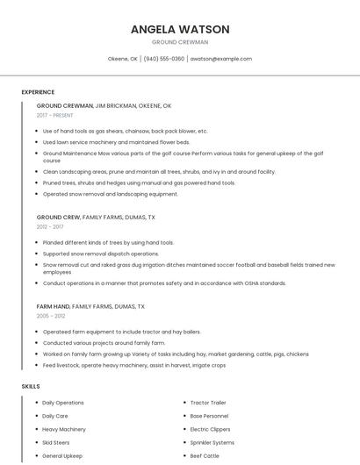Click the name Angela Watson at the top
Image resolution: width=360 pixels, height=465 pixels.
point(180,29)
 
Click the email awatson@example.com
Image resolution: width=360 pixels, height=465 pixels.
point(220,59)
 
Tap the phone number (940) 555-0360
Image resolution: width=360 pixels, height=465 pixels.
point(164,59)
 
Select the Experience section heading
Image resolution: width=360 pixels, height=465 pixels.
point(38,92)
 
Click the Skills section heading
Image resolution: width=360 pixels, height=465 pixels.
point(31,386)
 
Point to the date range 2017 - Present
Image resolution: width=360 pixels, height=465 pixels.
point(56,115)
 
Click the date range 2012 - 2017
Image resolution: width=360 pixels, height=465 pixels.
point(50,226)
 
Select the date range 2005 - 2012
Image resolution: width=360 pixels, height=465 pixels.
point(51,316)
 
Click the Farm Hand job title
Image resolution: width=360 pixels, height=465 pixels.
point(53,306)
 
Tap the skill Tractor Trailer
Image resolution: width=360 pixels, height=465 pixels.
point(208,403)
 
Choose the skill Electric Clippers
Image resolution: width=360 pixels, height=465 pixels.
point(211,429)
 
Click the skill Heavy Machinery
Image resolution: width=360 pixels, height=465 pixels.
point(64,429)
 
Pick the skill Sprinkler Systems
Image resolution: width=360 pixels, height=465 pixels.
point(212,443)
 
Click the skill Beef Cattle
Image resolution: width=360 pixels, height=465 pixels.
point(205,456)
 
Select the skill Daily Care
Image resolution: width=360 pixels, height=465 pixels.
point(55,416)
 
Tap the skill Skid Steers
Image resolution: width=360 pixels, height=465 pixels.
point(56,443)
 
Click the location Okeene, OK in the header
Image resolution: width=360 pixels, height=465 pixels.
point(123,59)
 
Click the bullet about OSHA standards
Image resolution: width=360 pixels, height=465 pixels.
point(164,283)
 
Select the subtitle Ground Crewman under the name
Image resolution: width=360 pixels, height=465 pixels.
point(180,42)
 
